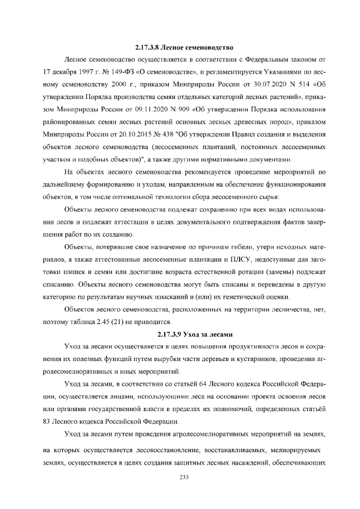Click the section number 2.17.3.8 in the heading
pos(150,44)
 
